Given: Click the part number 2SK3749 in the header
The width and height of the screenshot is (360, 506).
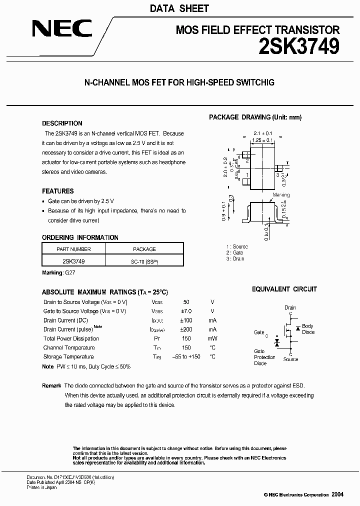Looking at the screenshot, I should pos(299,46).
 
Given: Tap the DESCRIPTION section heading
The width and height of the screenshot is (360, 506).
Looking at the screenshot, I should pos(62,123).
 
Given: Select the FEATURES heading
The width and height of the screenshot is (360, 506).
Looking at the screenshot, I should pos(57,191).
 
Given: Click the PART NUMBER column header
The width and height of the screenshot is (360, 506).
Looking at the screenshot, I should pos(73,249).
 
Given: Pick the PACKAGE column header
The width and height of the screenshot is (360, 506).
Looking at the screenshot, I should pos(144,249).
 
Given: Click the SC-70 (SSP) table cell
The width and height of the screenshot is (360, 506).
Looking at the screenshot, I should pos(144,261).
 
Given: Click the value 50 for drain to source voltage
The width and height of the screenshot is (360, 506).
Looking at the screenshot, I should pos(186,302).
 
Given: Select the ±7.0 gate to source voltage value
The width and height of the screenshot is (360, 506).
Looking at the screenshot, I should pos(186,311).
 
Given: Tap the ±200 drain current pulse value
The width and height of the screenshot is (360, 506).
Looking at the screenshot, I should pos(186,329).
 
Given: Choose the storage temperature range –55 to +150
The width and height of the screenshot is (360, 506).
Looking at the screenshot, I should pos(186,356).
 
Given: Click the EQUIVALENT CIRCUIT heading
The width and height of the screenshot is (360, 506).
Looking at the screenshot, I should pos(284,289).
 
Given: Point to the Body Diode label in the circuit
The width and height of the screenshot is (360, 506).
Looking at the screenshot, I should pos(307,329).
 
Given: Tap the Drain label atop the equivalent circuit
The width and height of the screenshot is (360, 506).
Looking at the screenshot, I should pos(290,308).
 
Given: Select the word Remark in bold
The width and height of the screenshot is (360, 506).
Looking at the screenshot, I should pos(51,385).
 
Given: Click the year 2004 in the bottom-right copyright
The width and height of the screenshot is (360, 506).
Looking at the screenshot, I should pos(337,494).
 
